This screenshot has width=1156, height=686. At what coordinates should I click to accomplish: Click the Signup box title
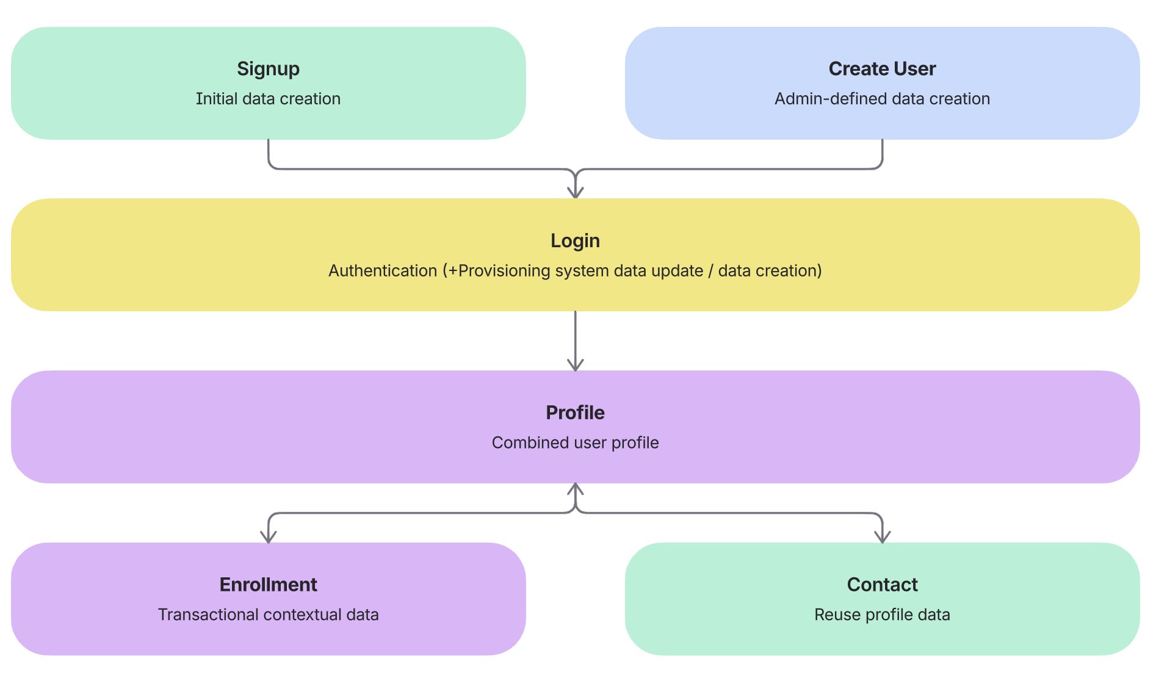[x=268, y=69]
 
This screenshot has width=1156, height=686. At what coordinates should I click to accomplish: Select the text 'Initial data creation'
[x=268, y=99]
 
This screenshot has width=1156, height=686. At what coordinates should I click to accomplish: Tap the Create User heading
[x=882, y=69]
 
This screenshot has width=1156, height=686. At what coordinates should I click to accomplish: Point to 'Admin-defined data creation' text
[x=882, y=99]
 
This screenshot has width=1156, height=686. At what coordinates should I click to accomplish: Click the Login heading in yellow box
[x=575, y=241]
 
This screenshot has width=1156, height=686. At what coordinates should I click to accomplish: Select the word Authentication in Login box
[x=383, y=271]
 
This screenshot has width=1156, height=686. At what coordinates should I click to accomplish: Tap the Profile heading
[x=575, y=413]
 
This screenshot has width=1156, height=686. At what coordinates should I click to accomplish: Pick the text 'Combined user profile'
[x=575, y=443]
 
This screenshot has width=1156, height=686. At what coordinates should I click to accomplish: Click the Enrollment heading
[x=268, y=585]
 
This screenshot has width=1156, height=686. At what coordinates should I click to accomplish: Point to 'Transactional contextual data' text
[x=268, y=615]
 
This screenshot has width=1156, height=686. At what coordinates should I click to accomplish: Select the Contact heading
[x=882, y=585]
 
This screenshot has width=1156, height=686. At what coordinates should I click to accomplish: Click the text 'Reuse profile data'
[x=882, y=615]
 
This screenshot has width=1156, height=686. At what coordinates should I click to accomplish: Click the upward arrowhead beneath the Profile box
[x=576, y=489]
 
